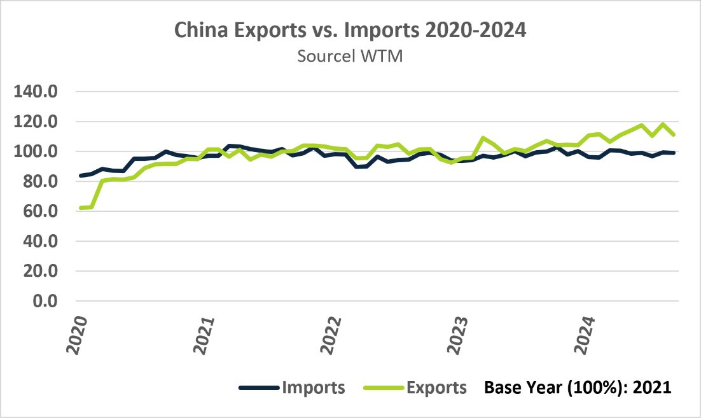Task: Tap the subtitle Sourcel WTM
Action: [350, 56]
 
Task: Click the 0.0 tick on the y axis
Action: [48, 301]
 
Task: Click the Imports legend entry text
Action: [314, 387]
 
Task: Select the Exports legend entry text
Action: [436, 387]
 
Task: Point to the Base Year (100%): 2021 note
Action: [578, 387]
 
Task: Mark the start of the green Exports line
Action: [81, 208]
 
